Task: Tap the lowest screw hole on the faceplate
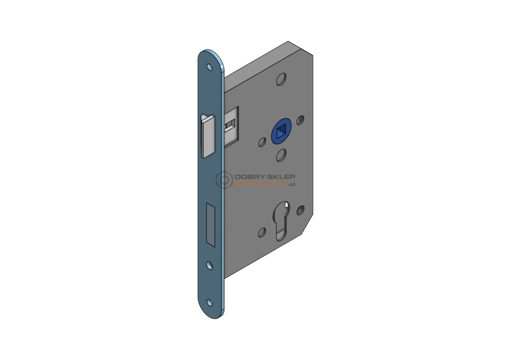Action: [x=210, y=303]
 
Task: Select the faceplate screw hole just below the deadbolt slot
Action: [x=210, y=265]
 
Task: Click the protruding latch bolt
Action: [x=208, y=136]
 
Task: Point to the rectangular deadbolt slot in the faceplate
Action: [x=210, y=225]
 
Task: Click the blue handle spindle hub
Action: [x=280, y=131]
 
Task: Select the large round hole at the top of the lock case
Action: [x=281, y=79]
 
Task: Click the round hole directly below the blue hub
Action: [x=281, y=155]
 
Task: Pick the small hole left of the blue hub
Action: [x=262, y=142]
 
